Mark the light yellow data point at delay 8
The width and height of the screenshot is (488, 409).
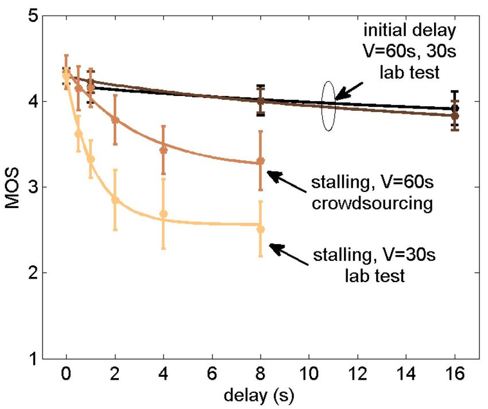261,229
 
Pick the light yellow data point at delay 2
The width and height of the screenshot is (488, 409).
115,200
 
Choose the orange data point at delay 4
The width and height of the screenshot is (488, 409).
164,150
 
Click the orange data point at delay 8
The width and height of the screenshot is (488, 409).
261,161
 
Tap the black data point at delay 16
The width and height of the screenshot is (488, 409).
455,108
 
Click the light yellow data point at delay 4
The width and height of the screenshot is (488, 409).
164,214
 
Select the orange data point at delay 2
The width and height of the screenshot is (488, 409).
115,120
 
